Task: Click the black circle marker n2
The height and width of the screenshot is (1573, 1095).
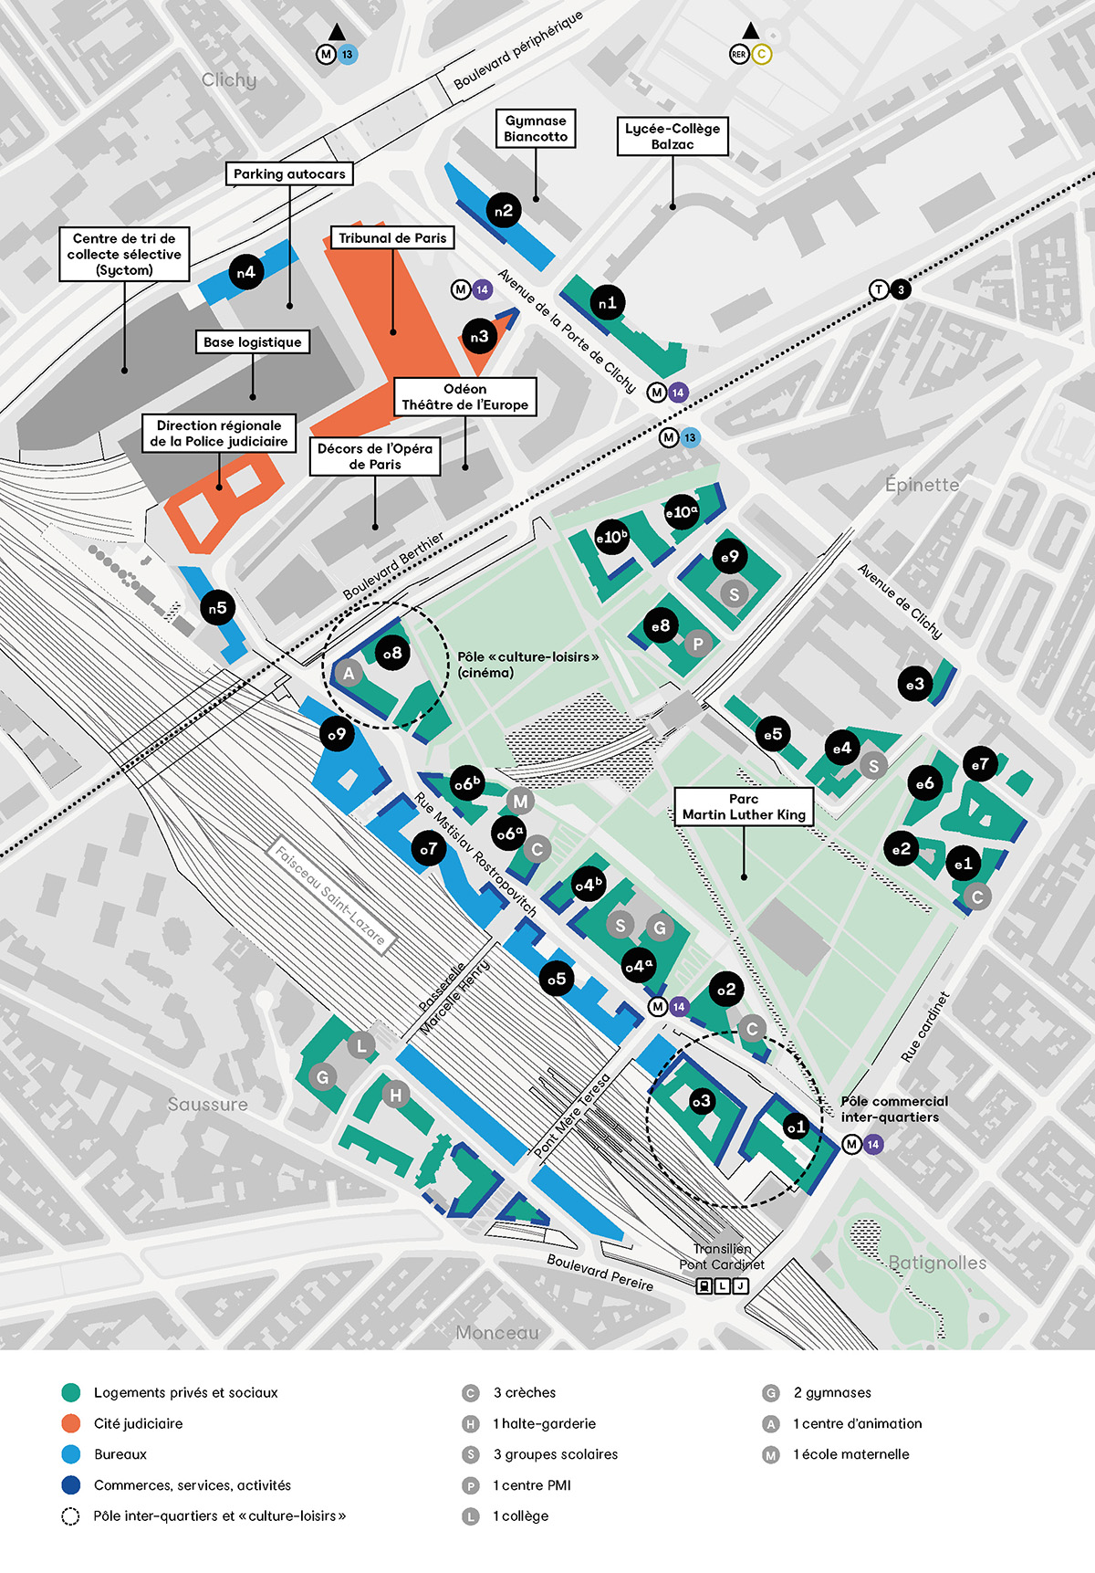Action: point(504,211)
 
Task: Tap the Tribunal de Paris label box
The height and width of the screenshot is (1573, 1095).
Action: point(392,238)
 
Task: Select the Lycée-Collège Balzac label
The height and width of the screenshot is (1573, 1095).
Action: point(673,137)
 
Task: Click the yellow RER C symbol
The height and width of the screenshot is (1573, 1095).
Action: point(761,55)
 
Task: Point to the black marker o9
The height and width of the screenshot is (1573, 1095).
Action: point(337,733)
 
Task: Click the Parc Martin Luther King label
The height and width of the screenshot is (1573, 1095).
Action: point(744,807)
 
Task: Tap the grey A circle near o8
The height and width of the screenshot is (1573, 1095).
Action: point(348,674)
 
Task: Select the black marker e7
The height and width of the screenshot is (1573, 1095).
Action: point(980,764)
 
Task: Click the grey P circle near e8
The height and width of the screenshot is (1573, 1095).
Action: point(697,643)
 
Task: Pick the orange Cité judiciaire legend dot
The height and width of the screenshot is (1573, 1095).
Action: point(71,1423)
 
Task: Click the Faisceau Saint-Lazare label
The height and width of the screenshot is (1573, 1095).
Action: point(331,896)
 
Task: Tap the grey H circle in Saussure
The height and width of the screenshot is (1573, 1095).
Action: point(395,1095)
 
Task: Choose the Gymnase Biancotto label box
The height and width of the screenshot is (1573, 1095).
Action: point(536,129)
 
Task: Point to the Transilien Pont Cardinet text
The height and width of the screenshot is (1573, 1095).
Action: point(722,1256)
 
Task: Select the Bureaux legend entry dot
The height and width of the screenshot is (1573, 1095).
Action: point(71,1454)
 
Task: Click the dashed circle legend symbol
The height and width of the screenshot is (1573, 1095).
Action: point(71,1516)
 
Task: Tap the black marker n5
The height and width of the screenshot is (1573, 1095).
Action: point(217,608)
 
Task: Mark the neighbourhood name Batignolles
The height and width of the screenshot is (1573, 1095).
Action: point(937,1263)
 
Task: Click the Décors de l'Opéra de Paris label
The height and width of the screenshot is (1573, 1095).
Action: point(375,456)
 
